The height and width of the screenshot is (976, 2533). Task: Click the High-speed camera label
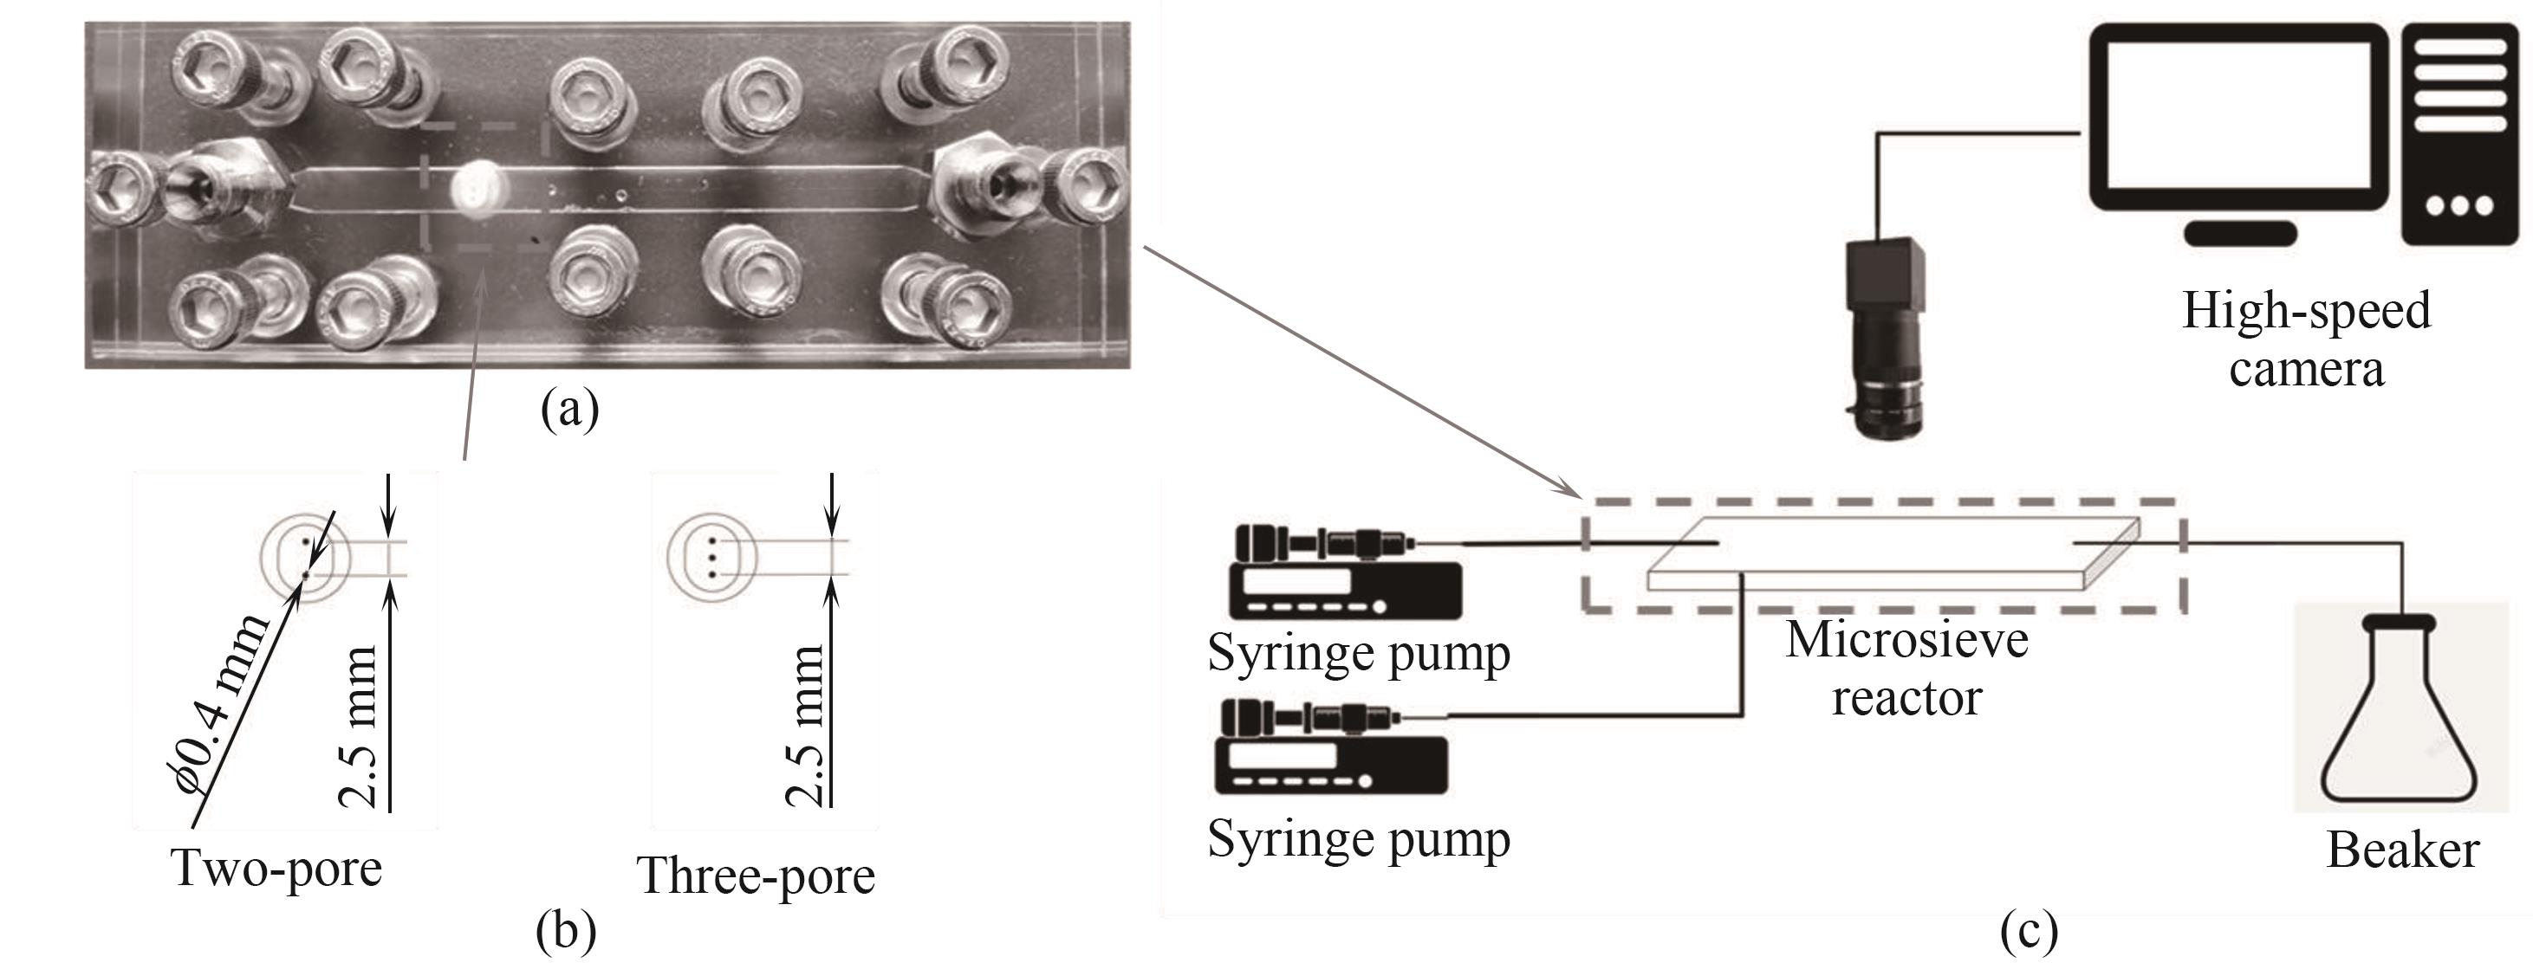2306,339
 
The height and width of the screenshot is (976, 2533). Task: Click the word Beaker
2401,850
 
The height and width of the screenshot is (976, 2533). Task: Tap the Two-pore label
276,869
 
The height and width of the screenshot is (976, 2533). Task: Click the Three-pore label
755,876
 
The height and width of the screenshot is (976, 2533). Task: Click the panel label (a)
569,409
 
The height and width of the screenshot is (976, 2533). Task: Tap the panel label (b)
565,931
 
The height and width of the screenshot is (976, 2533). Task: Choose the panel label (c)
2029,931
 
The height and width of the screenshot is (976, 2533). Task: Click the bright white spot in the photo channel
477,187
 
